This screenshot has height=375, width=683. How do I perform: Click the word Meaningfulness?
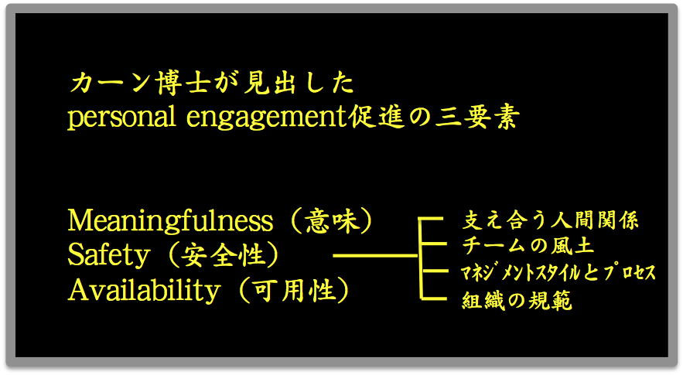click(170, 221)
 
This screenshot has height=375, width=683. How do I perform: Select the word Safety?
click(109, 256)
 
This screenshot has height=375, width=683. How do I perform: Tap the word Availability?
click(144, 291)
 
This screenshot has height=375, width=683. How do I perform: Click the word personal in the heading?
click(121, 118)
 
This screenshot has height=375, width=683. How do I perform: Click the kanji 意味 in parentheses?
click(332, 221)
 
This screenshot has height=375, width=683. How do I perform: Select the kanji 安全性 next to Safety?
click(223, 256)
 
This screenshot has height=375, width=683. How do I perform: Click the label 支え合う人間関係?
click(550, 220)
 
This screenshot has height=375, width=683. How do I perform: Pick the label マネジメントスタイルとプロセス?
click(558, 273)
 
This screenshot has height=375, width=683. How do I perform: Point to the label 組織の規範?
click(517, 301)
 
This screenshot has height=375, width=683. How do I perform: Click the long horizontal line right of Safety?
click(375, 256)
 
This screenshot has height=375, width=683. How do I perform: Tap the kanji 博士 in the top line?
click(183, 83)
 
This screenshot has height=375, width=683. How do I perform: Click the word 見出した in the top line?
click(299, 83)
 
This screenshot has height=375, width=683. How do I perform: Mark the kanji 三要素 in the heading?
click(478, 118)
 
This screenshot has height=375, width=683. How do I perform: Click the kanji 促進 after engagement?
click(377, 118)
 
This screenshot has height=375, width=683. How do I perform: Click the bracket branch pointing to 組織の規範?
click(434, 298)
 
